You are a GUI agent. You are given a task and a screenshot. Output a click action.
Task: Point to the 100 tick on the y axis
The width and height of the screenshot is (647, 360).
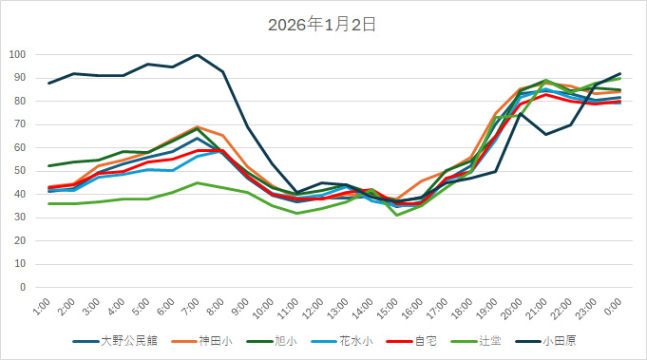point(16,54)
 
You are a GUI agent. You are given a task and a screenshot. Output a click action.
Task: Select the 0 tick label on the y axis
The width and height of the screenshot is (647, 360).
point(22,287)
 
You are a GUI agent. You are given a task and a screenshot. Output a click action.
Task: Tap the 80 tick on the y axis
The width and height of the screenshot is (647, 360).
point(19,101)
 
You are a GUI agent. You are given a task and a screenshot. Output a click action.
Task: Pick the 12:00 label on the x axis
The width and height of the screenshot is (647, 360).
point(314,308)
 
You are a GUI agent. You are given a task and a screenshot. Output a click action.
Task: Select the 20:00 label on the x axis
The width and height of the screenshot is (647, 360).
point(510,308)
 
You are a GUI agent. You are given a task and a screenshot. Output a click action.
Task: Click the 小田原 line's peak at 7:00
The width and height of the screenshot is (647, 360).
point(197,55)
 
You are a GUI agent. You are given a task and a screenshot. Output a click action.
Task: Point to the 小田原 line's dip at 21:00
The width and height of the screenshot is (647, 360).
point(545,134)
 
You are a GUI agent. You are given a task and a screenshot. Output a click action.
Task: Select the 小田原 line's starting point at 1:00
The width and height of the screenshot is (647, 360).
point(49,83)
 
